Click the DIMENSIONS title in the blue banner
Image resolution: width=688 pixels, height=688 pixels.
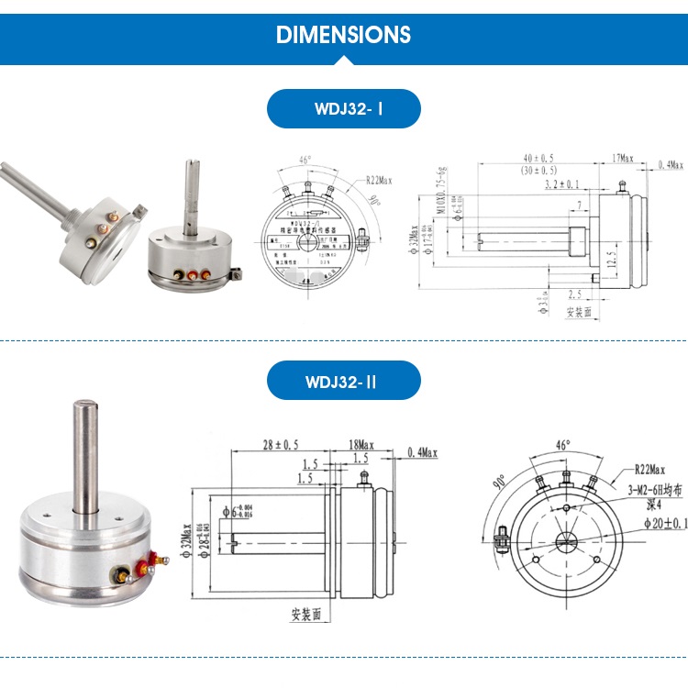coord(343,35)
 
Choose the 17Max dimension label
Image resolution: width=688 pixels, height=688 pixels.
coord(623,159)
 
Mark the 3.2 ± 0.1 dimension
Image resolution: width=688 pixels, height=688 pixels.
coord(563,185)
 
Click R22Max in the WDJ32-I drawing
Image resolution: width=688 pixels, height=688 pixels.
coord(378,181)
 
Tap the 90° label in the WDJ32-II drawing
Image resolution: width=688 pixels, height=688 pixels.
coord(501,483)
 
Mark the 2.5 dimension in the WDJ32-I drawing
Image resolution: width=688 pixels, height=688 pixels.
coord(573,294)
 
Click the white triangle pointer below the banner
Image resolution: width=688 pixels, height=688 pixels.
coord(343,61)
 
